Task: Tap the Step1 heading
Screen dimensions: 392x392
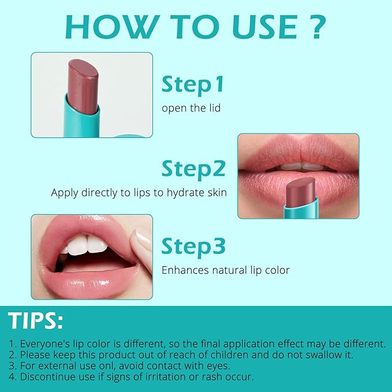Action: click(192, 84)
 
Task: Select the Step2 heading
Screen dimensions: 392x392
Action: click(193, 169)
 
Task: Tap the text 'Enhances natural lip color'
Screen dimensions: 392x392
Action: click(225, 270)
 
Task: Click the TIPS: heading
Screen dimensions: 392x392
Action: click(36, 321)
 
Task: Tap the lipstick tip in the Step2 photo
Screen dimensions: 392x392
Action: click(301, 188)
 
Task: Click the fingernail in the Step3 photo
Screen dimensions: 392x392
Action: click(141, 238)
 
